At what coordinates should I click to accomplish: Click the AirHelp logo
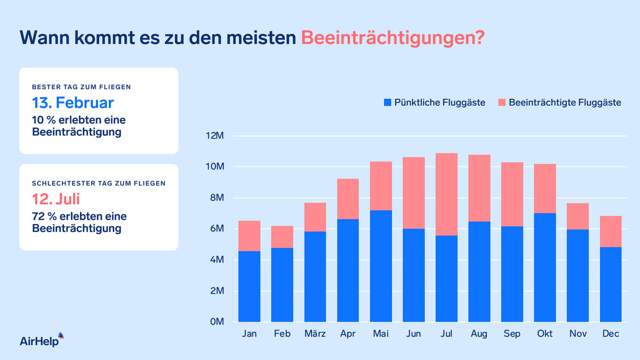pyautogui.click(x=42, y=340)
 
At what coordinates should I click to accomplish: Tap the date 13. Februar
pyautogui.click(x=73, y=102)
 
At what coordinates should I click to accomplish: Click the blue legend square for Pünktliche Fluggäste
pyautogui.click(x=387, y=102)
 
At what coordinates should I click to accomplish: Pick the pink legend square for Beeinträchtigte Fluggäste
pyautogui.click(x=502, y=102)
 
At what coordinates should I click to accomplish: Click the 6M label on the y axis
pyautogui.click(x=216, y=229)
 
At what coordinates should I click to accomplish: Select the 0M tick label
pyautogui.click(x=216, y=322)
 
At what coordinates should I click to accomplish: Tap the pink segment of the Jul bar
pyautogui.click(x=446, y=194)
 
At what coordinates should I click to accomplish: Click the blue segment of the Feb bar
pyautogui.click(x=282, y=285)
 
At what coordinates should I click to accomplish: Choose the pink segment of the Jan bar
pyautogui.click(x=249, y=236)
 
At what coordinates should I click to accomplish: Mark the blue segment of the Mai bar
pyautogui.click(x=381, y=266)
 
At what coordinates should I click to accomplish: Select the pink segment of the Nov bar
pyautogui.click(x=578, y=216)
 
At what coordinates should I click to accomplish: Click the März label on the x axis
pyautogui.click(x=315, y=334)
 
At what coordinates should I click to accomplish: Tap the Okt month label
pyautogui.click(x=545, y=334)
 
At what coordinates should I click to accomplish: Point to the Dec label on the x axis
pyautogui.click(x=610, y=334)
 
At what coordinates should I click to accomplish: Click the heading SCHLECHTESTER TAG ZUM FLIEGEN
pyautogui.click(x=99, y=183)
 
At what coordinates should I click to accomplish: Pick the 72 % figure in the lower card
pyautogui.click(x=43, y=217)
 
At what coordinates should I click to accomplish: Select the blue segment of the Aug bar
pyautogui.click(x=479, y=271)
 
